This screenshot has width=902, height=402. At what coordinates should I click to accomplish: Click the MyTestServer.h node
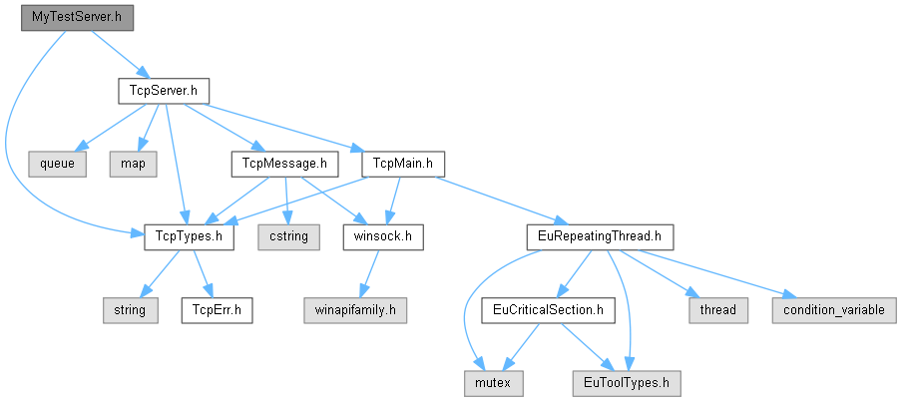point(77,18)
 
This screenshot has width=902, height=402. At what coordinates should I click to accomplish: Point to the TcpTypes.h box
point(190,237)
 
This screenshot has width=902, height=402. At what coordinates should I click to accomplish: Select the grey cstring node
point(289,237)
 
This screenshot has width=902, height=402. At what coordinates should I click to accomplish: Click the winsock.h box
point(383,237)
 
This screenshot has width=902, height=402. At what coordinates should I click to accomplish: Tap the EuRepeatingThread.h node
point(601,237)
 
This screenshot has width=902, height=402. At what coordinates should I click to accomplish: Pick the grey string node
point(127,310)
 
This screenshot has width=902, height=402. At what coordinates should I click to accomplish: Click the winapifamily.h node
point(355,310)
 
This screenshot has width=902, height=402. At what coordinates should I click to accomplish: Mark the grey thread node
point(717,310)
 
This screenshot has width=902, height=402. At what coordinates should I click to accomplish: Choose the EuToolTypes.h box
point(626,382)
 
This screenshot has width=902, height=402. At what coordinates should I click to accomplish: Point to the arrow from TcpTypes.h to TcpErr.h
point(200,274)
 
